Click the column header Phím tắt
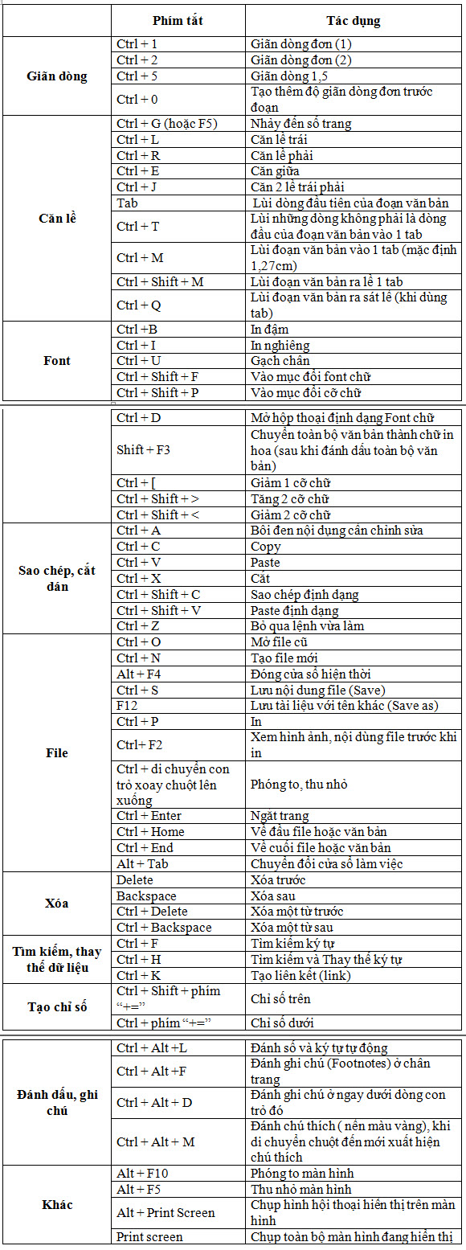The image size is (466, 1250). click(x=178, y=21)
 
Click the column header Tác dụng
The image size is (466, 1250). click(x=354, y=21)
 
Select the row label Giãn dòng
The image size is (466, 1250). click(x=56, y=76)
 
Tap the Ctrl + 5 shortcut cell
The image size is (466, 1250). click(x=137, y=76)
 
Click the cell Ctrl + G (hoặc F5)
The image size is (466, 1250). click(x=167, y=124)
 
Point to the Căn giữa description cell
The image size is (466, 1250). click(x=276, y=171)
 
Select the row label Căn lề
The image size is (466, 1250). click(x=56, y=218)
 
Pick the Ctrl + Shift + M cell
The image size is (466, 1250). click(x=160, y=282)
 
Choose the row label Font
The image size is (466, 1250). click(x=56, y=361)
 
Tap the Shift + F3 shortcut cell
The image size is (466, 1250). click(x=143, y=450)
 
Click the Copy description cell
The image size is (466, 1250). click(x=266, y=547)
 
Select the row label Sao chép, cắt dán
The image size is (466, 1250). click(x=56, y=578)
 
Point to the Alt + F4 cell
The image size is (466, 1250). click(x=138, y=674)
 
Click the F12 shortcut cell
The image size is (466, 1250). click(x=127, y=706)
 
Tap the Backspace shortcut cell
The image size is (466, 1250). click(x=146, y=896)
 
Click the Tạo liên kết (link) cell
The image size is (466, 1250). click(x=300, y=976)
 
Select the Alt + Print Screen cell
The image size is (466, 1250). click(x=166, y=1212)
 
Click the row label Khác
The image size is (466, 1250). click(x=56, y=1204)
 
